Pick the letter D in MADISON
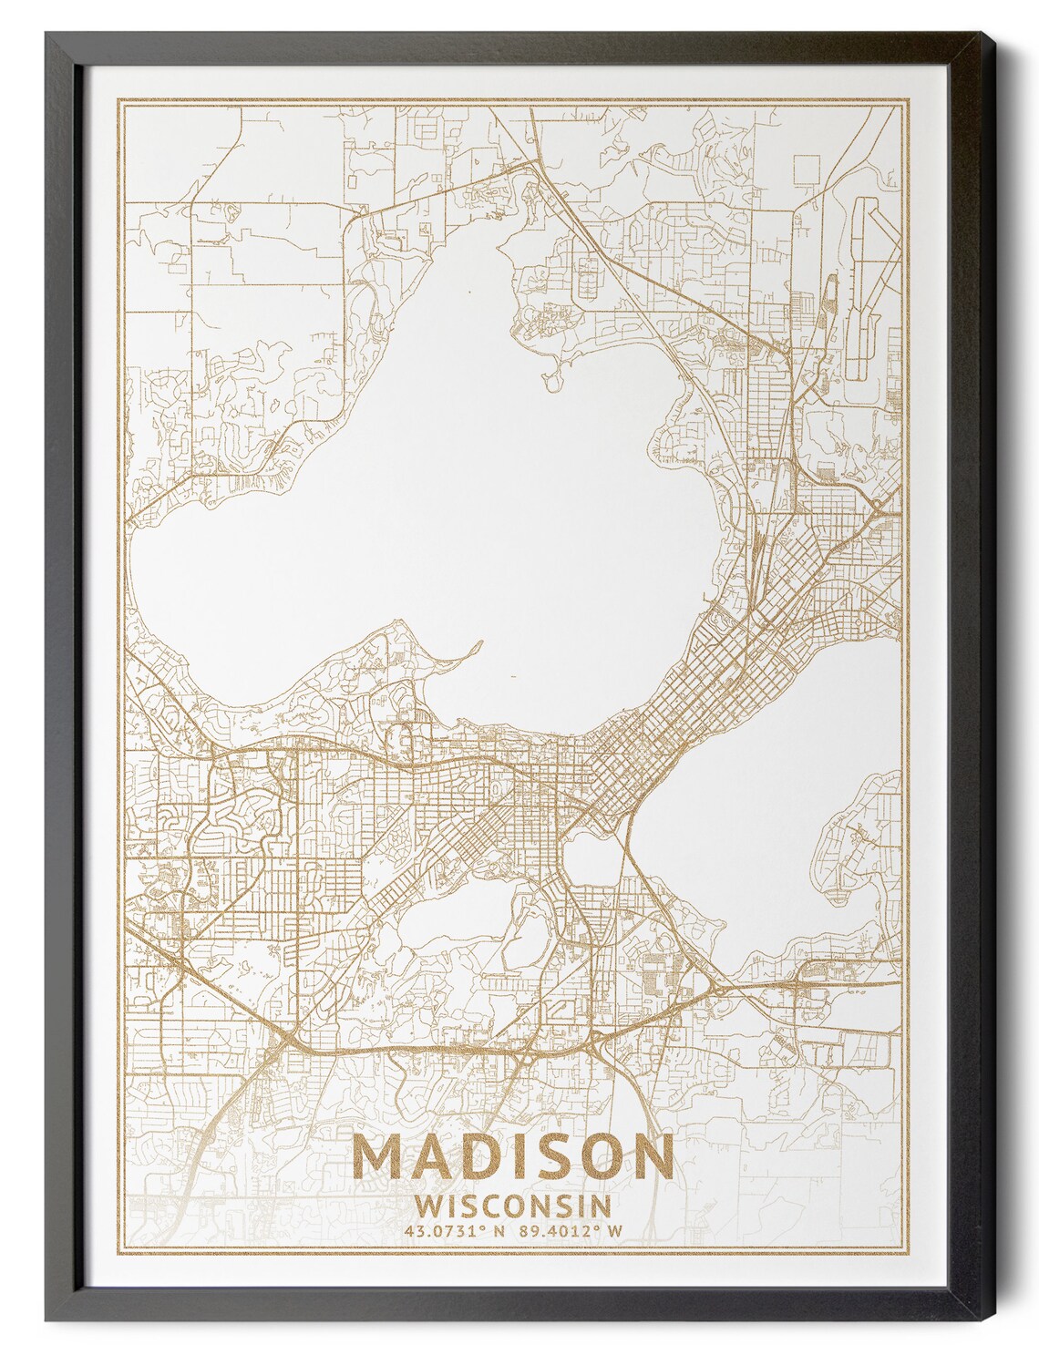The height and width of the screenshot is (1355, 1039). tap(471, 1159)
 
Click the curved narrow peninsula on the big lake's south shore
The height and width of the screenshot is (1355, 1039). tap(460, 655)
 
